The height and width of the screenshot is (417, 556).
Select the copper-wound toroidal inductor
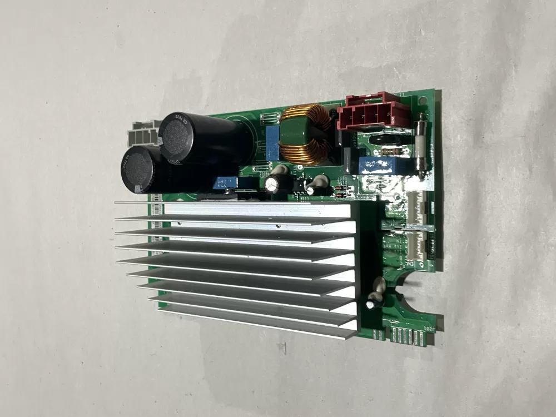click(x=304, y=134)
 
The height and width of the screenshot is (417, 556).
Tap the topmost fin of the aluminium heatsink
click(x=234, y=205)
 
